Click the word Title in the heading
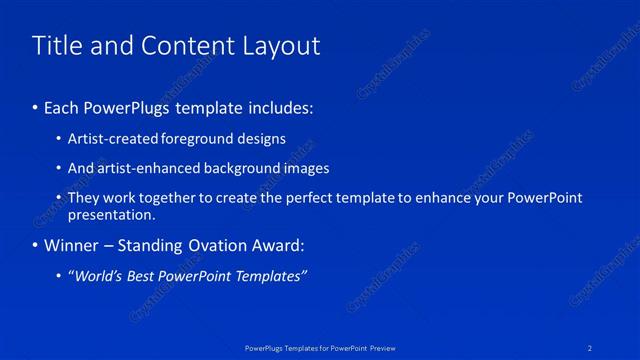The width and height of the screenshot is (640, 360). [x=56, y=46]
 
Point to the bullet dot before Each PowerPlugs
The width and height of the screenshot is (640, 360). [x=36, y=107]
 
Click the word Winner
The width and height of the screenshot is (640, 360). [x=72, y=245]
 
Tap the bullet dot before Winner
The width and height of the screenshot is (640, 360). [x=36, y=245]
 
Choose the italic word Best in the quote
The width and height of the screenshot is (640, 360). [x=150, y=275]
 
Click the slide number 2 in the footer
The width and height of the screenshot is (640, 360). [x=591, y=347]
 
